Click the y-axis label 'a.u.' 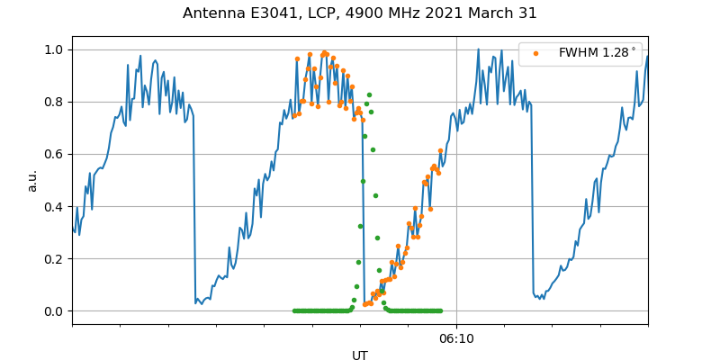tap(32, 180)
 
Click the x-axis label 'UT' tap(360, 355)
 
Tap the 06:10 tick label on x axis tap(456, 338)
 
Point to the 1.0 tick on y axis tap(55, 49)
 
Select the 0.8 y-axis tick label tap(55, 102)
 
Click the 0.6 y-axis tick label tap(55, 154)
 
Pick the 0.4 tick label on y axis tap(55, 206)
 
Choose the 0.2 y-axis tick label tap(55, 258)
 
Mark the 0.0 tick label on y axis tap(55, 311)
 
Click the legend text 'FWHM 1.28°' tap(597, 53)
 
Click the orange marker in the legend tap(535, 53)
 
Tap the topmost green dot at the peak tap(369, 94)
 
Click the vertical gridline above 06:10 tap(456, 180)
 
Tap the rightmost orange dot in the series tap(440, 151)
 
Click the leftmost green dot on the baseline tap(294, 310)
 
